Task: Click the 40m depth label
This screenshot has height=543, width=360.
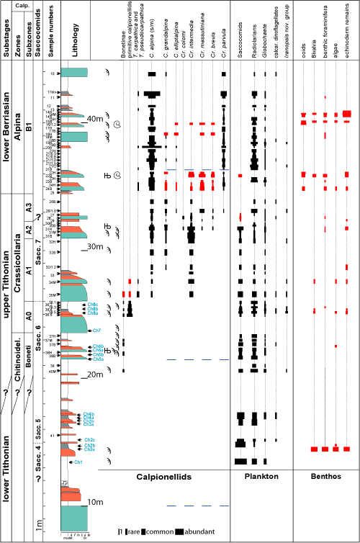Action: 95,118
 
